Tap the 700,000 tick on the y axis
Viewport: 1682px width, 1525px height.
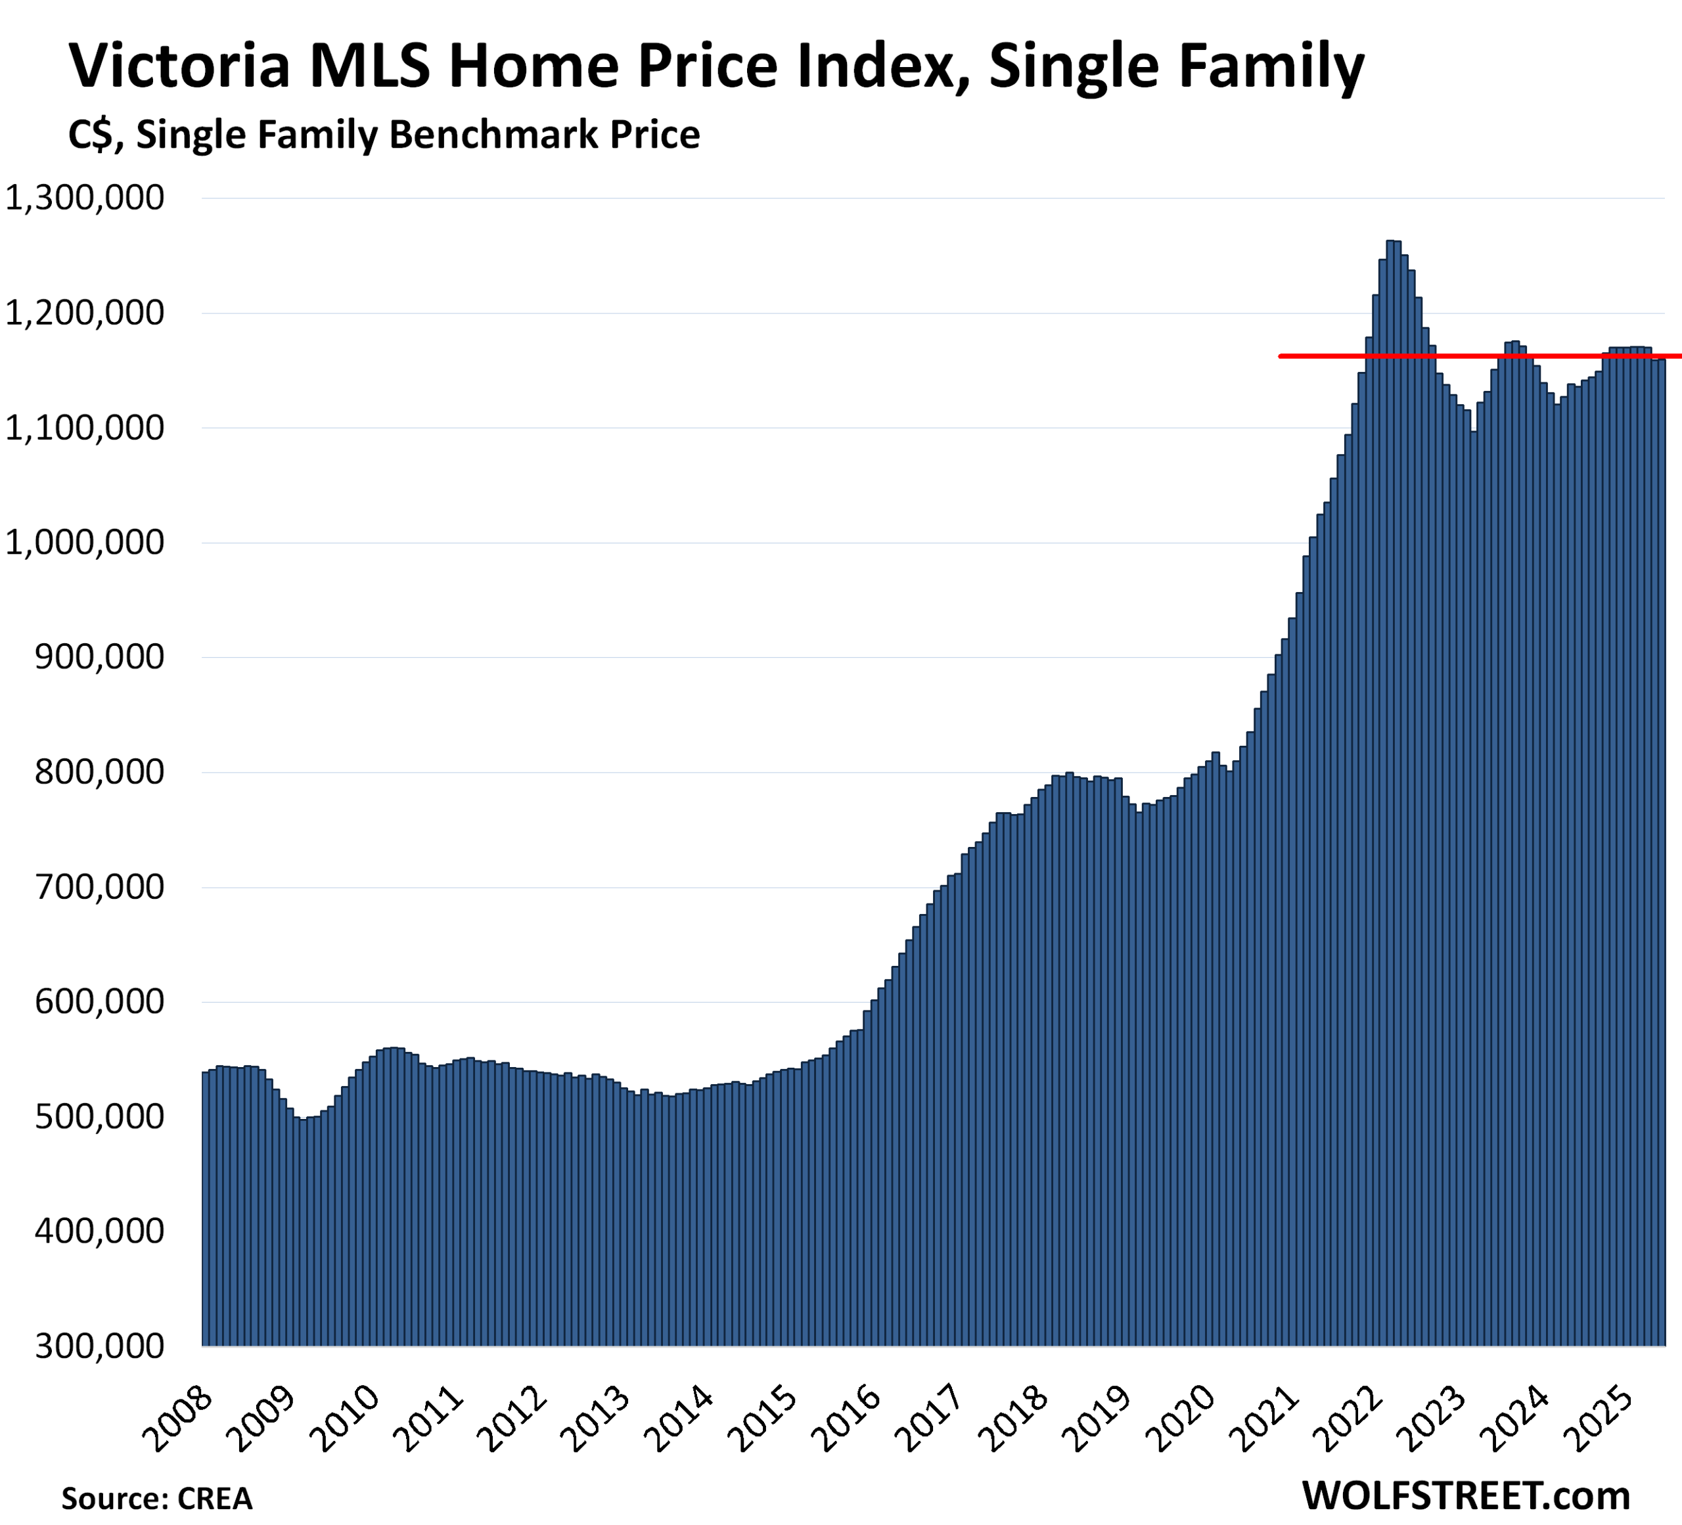click(x=99, y=887)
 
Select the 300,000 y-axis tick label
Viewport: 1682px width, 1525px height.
click(x=99, y=1346)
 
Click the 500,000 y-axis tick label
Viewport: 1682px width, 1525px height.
click(x=99, y=1116)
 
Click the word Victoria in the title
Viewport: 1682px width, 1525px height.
click(x=179, y=67)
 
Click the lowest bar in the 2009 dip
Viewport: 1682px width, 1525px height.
click(x=304, y=1235)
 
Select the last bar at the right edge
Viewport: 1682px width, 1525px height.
click(x=1661, y=834)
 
